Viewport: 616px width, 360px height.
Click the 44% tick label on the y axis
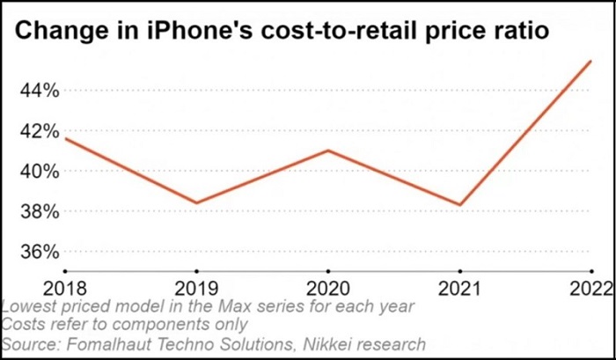[35, 90]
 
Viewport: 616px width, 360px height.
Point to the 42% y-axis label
[35, 131]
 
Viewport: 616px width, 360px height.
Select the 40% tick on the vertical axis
[35, 172]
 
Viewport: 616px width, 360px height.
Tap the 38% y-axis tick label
[35, 212]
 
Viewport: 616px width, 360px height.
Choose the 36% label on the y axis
[35, 253]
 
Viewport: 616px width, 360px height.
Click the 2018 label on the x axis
[64, 287]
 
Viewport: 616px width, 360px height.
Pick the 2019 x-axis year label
[195, 287]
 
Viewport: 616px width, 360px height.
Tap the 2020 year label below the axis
[327, 287]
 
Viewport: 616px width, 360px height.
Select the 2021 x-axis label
[459, 287]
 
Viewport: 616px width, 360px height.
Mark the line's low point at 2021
[459, 205]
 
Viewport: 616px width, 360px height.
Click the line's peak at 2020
[327, 151]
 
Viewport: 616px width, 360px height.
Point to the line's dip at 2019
[195, 202]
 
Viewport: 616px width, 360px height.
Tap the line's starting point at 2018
[65, 139]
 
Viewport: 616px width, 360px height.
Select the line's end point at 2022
[591, 61]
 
